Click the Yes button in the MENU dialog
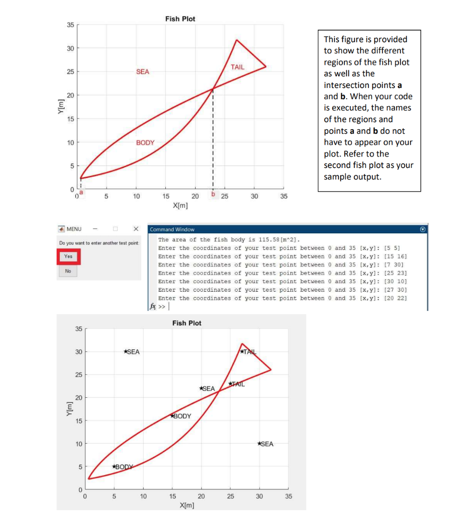68,256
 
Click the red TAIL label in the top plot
237,67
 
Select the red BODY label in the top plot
145,142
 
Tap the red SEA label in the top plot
142,71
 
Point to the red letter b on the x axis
213,194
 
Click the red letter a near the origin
81,192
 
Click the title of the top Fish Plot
180,19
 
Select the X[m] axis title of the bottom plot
187,505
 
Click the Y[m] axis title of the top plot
61,107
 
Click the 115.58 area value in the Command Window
268,239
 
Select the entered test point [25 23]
395,273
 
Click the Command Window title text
172,229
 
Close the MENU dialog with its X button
136,229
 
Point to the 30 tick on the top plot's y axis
70,48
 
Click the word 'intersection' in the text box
359,85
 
